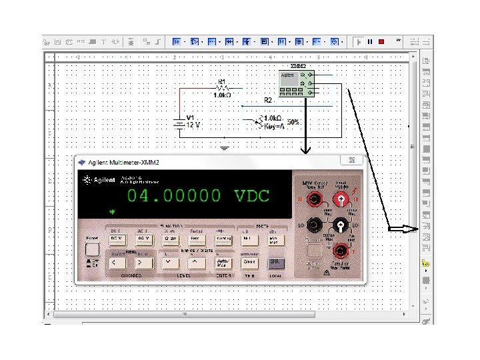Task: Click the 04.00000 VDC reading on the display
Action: click(198, 196)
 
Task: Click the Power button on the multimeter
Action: click(93, 249)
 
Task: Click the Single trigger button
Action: click(249, 262)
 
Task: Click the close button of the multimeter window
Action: click(351, 160)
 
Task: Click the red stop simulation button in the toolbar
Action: click(381, 41)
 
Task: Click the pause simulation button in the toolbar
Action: click(369, 41)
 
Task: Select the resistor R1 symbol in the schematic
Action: click(223, 87)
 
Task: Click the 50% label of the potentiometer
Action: click(293, 123)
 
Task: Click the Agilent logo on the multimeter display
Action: click(98, 180)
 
